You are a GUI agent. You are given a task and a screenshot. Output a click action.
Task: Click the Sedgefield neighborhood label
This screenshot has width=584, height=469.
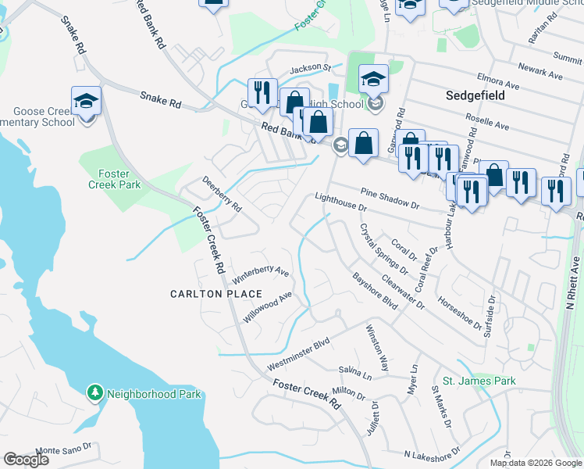coord(475,95)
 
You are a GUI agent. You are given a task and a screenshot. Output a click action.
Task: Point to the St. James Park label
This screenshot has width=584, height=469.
coord(479,381)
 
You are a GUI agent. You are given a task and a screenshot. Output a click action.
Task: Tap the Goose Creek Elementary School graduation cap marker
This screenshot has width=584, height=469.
coord(86,101)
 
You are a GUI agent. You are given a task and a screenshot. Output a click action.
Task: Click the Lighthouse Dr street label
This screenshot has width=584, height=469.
coord(340,202)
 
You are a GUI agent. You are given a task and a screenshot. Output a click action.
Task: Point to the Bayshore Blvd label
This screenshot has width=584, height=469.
coord(375,290)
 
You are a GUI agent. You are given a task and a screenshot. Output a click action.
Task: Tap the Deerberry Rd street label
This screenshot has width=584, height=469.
coord(223,195)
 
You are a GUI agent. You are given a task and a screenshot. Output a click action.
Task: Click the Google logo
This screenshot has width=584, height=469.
coord(27,460)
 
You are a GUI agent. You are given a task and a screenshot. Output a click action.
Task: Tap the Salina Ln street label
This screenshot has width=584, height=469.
coord(355,373)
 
